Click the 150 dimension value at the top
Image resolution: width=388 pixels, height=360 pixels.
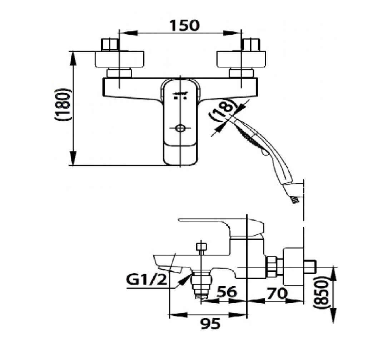pyautogui.click(x=184, y=25)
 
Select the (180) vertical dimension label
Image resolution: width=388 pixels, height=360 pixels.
pyautogui.click(x=63, y=104)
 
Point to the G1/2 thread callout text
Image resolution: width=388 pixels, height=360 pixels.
pyautogui.click(x=146, y=280)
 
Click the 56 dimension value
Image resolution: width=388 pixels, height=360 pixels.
pyautogui.click(x=227, y=292)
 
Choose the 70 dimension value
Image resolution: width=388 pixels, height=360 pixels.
pyautogui.click(x=277, y=294)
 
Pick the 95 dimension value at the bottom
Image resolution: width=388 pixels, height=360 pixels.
pyautogui.click(x=210, y=324)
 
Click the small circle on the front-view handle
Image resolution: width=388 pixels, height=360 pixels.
pyautogui.click(x=180, y=129)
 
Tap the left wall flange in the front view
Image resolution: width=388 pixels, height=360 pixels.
pyautogui.click(x=119, y=59)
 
